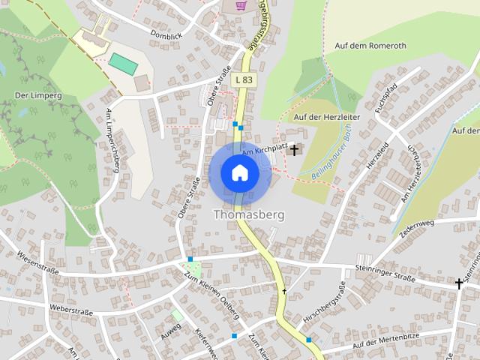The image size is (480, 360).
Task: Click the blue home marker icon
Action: (x=240, y=173)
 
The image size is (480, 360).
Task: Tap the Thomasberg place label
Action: (x=249, y=214)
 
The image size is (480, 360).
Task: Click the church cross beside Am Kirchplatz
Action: (x=293, y=150)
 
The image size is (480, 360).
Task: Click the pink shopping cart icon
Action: (x=241, y=6)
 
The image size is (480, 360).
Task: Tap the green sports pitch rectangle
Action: (x=124, y=64)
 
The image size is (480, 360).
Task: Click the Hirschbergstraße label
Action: (x=322, y=304)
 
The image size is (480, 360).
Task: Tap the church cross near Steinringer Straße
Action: (x=459, y=283)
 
